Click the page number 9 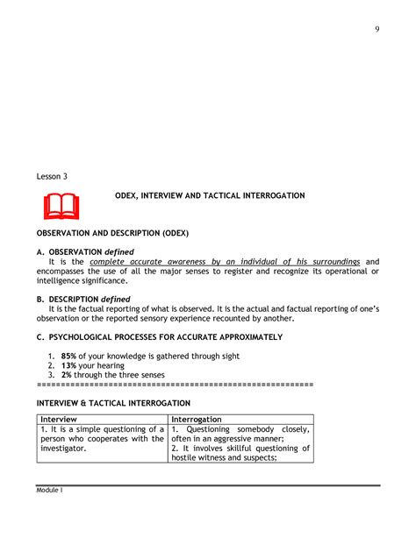click(377, 29)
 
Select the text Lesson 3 click(52, 176)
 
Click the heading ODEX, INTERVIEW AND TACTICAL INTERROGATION click(210, 196)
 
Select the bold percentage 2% click(67, 375)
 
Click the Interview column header click(59, 420)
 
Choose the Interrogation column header click(197, 420)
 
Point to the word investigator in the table click(62, 448)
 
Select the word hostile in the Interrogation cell click(187, 457)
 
